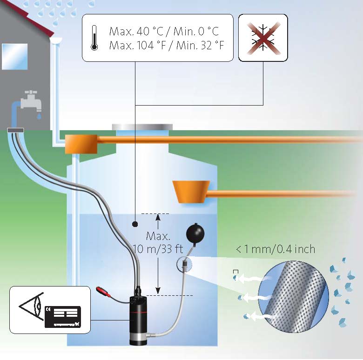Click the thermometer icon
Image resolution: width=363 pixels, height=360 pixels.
[x=94, y=38]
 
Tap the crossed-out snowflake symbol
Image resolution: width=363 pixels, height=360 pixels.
[x=263, y=38]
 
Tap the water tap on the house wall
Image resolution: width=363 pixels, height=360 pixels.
[x=31, y=100]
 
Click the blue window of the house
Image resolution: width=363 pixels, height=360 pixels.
[x=15, y=56]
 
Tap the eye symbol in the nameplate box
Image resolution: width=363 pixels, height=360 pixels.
[x=31, y=307]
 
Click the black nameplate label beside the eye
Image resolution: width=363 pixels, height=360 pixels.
[x=63, y=317]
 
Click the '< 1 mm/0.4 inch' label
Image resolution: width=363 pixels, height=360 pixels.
[x=276, y=249]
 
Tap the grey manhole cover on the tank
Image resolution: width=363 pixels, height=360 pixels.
[x=142, y=127]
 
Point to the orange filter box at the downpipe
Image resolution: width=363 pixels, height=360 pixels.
[x=81, y=144]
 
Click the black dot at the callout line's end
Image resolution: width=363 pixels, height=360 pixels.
[x=135, y=224]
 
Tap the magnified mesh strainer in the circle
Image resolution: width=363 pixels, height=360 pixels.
[x=294, y=297]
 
